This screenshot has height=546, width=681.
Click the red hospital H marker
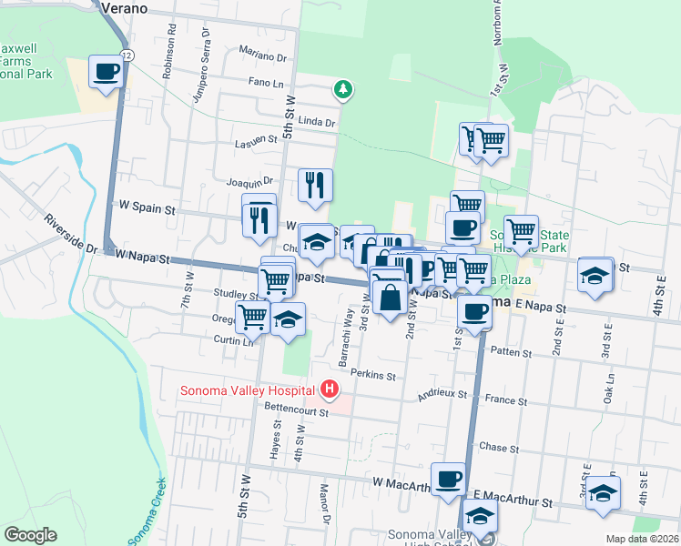[330, 391]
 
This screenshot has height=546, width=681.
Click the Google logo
[30, 534]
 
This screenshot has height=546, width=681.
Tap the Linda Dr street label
[317, 121]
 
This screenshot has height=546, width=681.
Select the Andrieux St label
[442, 395]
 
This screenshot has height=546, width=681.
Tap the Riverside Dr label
[69, 235]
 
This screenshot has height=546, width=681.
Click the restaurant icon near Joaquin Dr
[315, 185]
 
